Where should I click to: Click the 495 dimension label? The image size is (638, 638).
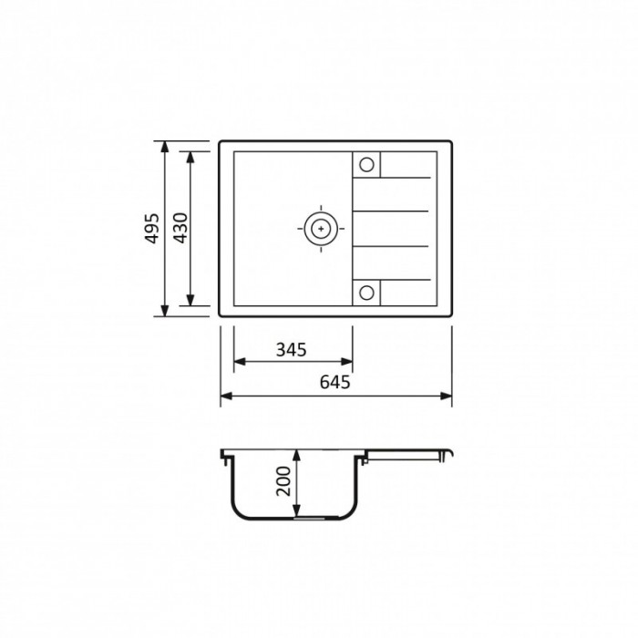coord(152,228)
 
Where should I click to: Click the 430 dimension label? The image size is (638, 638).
coord(180,228)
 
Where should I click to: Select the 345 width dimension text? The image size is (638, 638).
coord(292,349)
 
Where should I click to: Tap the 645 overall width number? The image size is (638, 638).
coord(334,382)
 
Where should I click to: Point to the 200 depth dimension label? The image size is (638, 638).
coord(283,481)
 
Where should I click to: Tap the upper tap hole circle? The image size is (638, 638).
coord(366,165)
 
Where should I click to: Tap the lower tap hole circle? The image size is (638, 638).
coord(366,293)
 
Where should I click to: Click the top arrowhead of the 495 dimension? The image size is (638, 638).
coord(164,147)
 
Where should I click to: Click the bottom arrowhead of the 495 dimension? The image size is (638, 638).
coord(164,311)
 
